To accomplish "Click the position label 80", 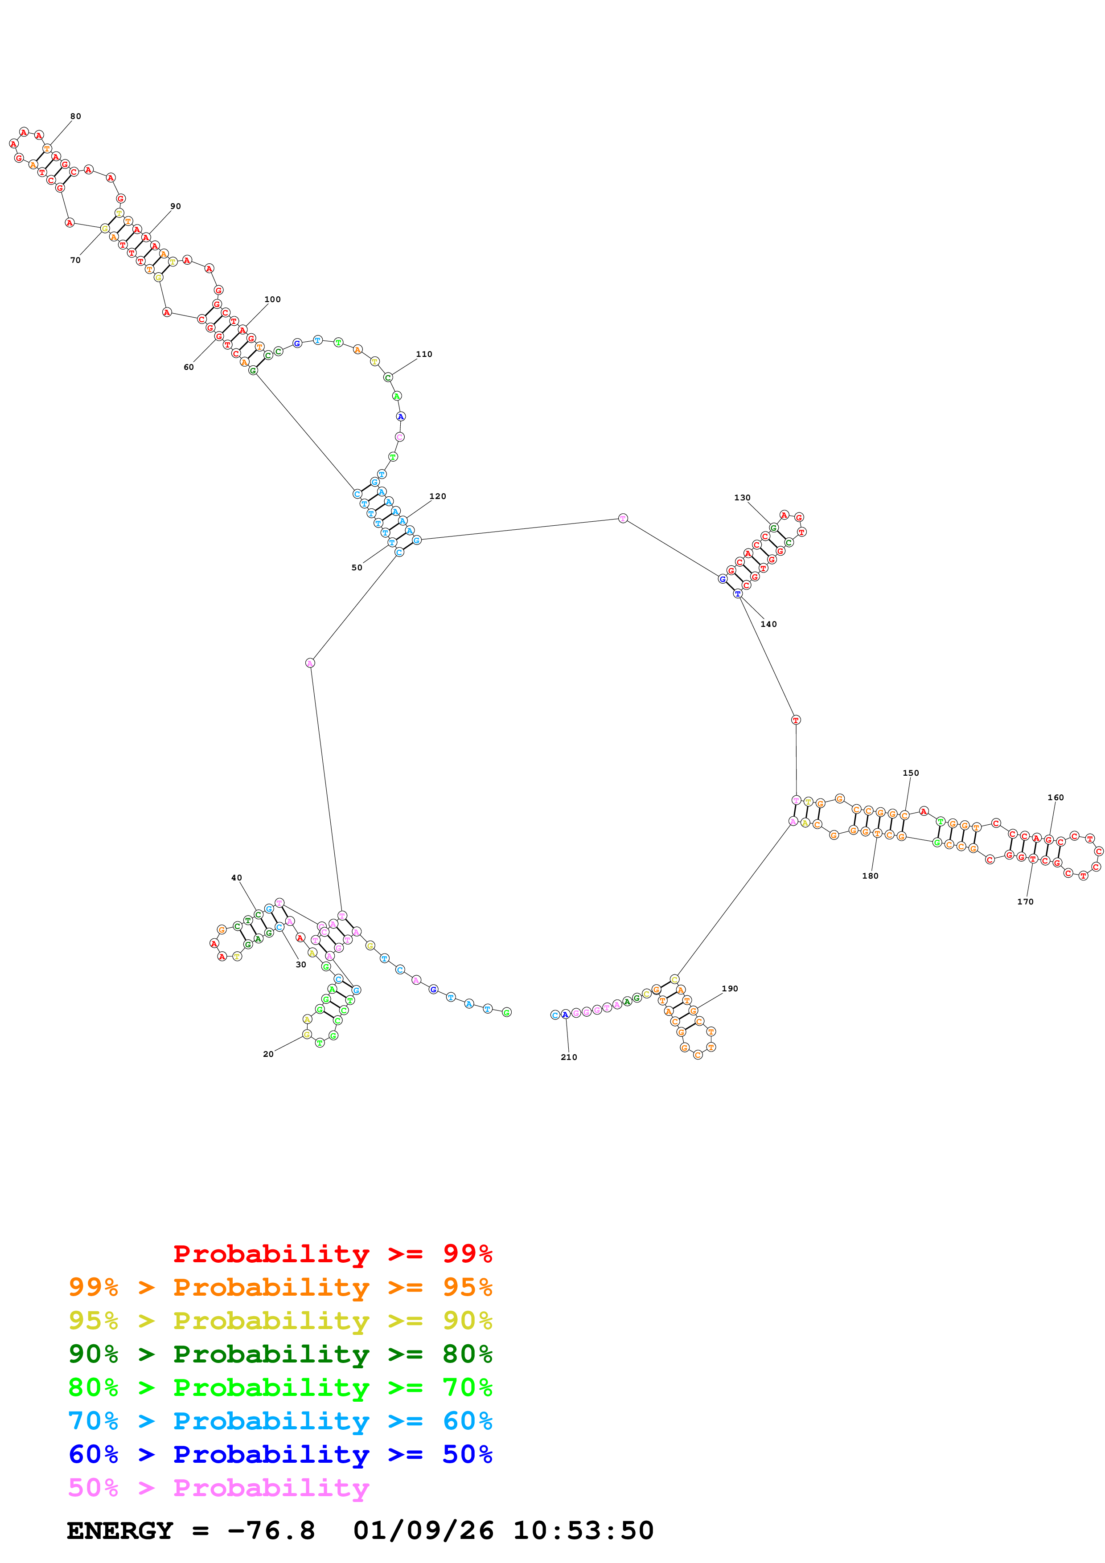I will pyautogui.click(x=76, y=116).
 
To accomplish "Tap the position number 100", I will pyautogui.click(x=272, y=299).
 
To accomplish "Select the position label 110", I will pyautogui.click(x=423, y=354).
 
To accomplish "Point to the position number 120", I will pyautogui.click(x=438, y=496).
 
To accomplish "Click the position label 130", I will pyautogui.click(x=742, y=498).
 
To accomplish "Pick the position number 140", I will pyautogui.click(x=768, y=624).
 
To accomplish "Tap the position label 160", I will pyautogui.click(x=1055, y=797).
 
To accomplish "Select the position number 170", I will pyautogui.click(x=1025, y=901).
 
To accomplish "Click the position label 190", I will pyautogui.click(x=730, y=988).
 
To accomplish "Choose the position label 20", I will pyautogui.click(x=268, y=1054).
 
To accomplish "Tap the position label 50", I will pyautogui.click(x=357, y=568).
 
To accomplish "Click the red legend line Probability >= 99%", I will pyautogui.click(x=332, y=1254).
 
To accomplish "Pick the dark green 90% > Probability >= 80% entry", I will pyautogui.click(x=280, y=1354).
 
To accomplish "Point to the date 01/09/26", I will pyautogui.click(x=423, y=1530).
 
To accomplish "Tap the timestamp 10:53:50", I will pyautogui.click(x=583, y=1530).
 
